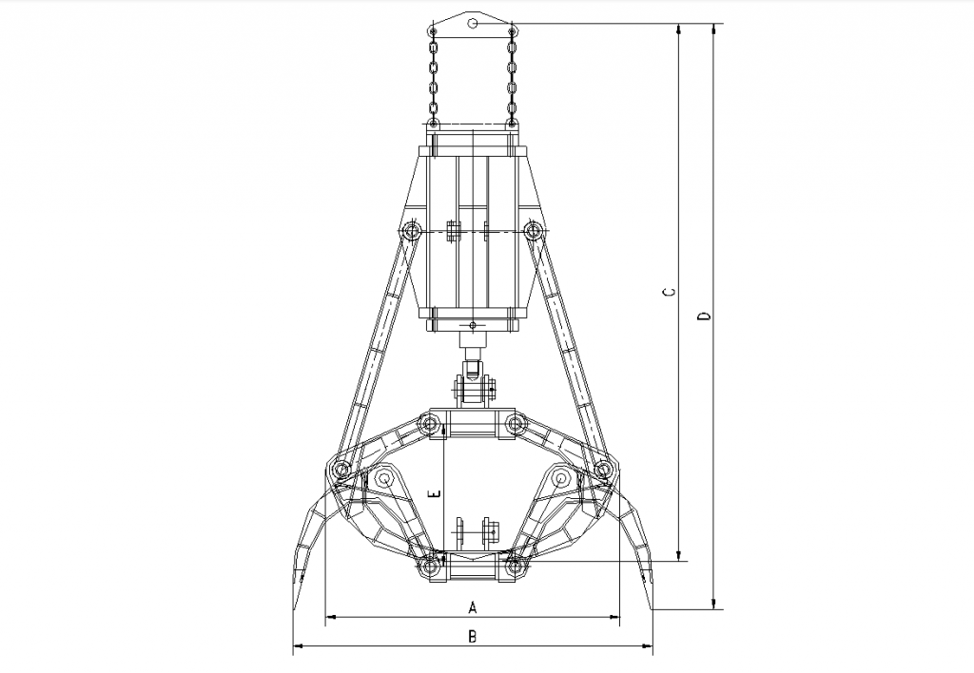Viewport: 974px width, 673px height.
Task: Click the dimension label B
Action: tap(472, 636)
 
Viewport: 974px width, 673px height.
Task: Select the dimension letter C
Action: tap(670, 292)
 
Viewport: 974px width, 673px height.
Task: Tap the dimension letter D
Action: tap(704, 317)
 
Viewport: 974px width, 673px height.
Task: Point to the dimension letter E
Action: tap(437, 493)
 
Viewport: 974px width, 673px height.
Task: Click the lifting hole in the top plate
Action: tap(473, 24)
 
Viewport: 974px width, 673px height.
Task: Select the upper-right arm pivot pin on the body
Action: tap(533, 232)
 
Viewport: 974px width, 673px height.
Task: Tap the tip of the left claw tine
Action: tap(295, 610)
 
